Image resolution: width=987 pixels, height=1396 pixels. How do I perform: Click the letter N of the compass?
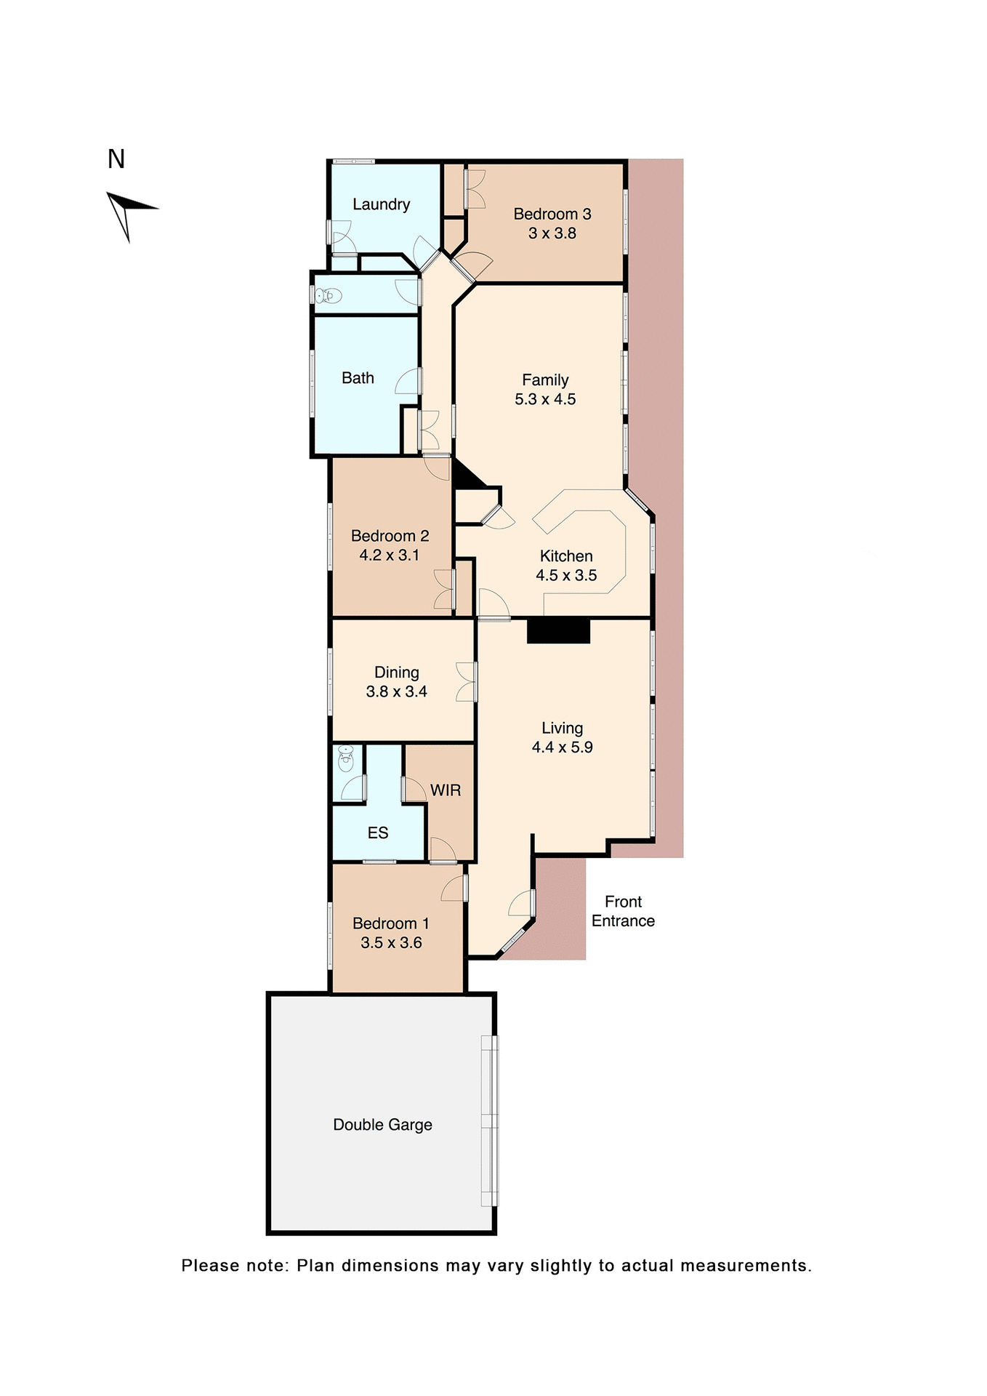pos(116,159)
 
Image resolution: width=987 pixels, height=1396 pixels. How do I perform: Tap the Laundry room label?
pos(381,204)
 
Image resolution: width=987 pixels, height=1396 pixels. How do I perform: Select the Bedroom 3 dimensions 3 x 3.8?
pos(552,233)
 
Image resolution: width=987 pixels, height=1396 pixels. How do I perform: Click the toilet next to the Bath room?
pos(329,296)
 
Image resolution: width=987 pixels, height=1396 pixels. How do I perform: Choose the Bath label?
pos(358,378)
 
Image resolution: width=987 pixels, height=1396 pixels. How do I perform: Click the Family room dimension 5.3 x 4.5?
pos(545,399)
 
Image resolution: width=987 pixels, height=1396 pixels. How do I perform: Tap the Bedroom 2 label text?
pos(390,536)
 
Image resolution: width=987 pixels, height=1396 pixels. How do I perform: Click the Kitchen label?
pos(565,556)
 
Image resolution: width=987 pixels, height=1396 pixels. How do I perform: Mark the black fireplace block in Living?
pos(557,630)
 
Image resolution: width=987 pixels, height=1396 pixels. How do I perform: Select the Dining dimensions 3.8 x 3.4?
pos(396,691)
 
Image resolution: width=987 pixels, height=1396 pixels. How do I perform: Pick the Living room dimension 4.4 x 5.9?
pos(562,747)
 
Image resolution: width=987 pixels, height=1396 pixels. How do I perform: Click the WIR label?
pos(445,790)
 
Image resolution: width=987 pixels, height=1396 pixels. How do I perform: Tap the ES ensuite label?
pos(377,833)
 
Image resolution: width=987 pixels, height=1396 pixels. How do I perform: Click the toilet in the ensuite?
pos(346,760)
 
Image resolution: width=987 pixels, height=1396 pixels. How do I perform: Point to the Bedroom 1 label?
pos(390,923)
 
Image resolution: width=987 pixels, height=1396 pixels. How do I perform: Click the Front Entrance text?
pos(623,911)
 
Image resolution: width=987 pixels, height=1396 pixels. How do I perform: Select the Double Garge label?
pos(382,1125)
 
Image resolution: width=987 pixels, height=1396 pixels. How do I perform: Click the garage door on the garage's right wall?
pos(490,1120)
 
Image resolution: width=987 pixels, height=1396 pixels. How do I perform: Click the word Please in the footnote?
pos(211,1266)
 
